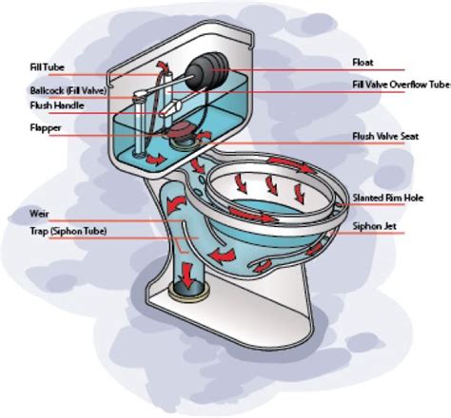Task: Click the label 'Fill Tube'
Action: pos(47,67)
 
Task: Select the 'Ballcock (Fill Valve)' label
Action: pos(69,90)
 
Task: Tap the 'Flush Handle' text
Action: pos(57,105)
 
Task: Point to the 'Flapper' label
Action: pos(46,128)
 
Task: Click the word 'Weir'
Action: pos(39,214)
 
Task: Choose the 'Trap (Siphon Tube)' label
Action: pos(69,231)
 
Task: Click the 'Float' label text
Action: pos(363,63)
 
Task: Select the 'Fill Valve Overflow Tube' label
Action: pos(402,85)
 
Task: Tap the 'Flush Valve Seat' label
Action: pos(385,137)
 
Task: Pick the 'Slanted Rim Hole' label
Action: pos(388,198)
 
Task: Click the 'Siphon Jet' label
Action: pos(375,226)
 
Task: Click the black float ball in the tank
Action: pos(206,72)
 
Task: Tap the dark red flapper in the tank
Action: pos(179,130)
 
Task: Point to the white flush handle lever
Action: pos(172,107)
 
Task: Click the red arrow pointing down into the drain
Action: pos(187,274)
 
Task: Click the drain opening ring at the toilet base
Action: pos(189,291)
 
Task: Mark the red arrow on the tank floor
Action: pos(155,160)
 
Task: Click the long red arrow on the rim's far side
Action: pos(292,164)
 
